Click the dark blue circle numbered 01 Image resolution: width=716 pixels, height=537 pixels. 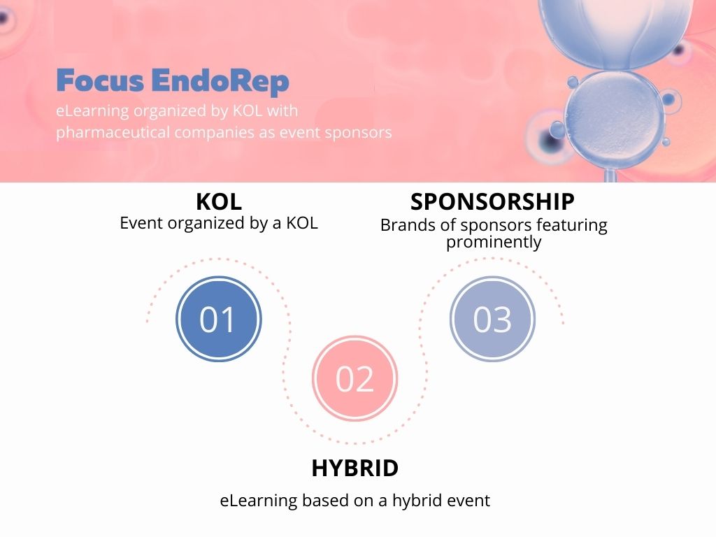(219, 319)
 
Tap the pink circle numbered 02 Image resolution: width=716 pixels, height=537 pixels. (355, 378)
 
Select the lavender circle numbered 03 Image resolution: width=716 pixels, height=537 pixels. (492, 319)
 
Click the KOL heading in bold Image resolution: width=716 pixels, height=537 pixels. (219, 201)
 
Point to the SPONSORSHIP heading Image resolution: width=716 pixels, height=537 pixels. (492, 201)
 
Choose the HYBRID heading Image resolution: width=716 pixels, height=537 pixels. (355, 468)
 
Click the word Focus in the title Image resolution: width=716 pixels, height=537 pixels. (101, 80)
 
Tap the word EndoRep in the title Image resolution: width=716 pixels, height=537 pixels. (220, 82)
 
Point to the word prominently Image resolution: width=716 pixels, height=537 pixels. (494, 242)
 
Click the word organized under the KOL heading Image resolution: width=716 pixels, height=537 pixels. (206, 224)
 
